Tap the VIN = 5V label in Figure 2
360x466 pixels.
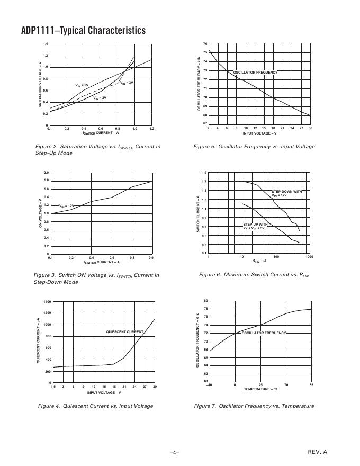pyautogui.click(x=82, y=85)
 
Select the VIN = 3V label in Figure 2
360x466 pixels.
pyautogui.click(x=126, y=83)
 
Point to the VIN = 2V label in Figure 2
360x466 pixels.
pyautogui.click(x=100, y=98)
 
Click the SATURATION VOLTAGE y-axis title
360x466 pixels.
pyautogui.click(x=40, y=85)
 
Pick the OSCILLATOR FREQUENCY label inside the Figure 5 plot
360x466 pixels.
pyautogui.click(x=255, y=72)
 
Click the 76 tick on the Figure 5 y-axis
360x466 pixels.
pyautogui.click(x=205, y=44)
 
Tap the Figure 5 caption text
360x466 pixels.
pyautogui.click(x=254, y=147)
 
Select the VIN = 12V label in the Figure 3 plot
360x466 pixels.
pyautogui.click(x=66, y=205)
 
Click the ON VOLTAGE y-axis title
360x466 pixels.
pyautogui.click(x=40, y=213)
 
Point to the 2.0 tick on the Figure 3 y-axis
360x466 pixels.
pyautogui.click(x=46, y=173)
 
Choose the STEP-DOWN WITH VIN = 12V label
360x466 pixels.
pyautogui.click(x=286, y=193)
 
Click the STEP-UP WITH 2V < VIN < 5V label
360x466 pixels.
pyautogui.click(x=255, y=226)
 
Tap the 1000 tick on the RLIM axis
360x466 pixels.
pyautogui.click(x=309, y=257)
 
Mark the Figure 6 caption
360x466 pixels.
pyautogui.click(x=254, y=275)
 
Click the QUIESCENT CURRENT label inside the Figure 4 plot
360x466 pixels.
pyautogui.click(x=124, y=332)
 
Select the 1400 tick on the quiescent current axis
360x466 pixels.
pyautogui.click(x=47, y=302)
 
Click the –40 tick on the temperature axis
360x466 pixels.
pyautogui.click(x=210, y=385)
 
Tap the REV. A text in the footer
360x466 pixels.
pyautogui.click(x=318, y=452)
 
